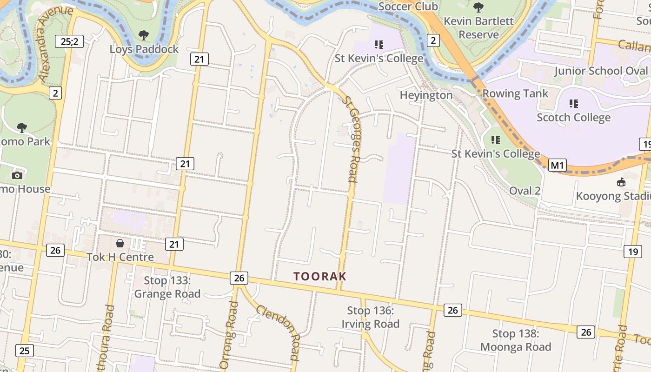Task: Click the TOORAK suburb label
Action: point(320,276)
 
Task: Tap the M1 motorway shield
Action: point(557,165)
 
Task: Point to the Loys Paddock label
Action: point(144,49)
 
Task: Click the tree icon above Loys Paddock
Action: point(144,35)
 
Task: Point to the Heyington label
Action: point(426,95)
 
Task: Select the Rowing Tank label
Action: point(515,93)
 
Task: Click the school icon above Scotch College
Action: point(573,104)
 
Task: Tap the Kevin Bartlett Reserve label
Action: point(478,28)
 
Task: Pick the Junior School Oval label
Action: point(601,71)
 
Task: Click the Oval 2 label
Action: point(525,191)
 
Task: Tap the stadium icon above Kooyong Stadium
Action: point(621,182)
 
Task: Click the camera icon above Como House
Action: point(17,175)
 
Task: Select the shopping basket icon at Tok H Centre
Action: point(120,243)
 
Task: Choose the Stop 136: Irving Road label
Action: point(371,317)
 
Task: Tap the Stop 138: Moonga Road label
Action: point(516,340)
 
